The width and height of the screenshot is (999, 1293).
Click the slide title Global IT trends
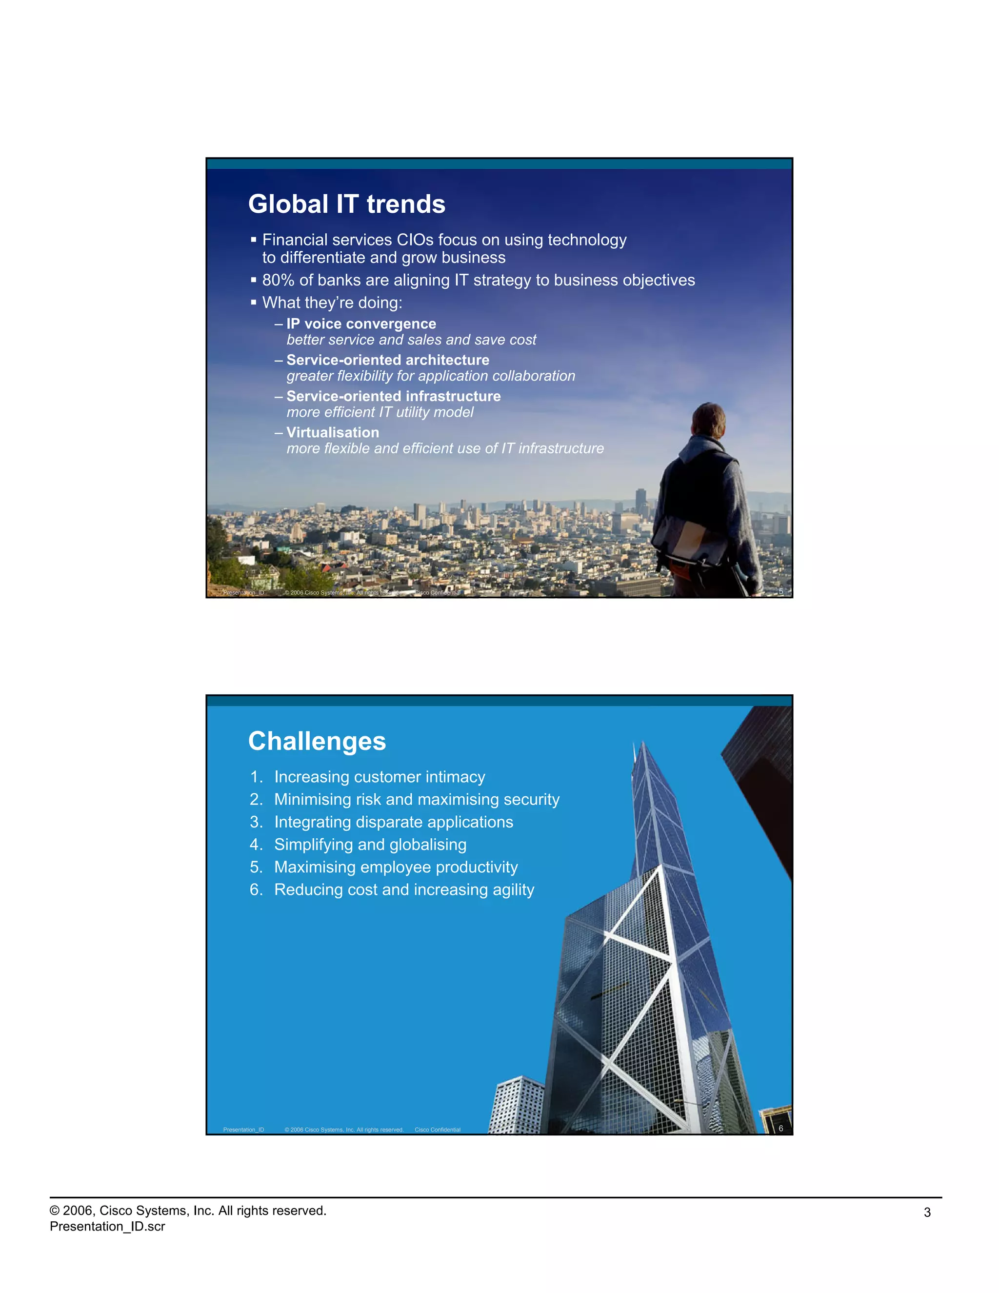coord(346,204)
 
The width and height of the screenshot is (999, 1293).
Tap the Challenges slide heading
coord(317,741)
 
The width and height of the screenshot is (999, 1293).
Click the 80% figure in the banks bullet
coord(278,280)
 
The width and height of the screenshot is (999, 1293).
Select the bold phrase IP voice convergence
coord(361,324)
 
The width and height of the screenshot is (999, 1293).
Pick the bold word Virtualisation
coord(333,432)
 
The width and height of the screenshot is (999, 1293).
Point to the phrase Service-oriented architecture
coord(388,360)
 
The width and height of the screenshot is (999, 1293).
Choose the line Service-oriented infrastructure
coord(394,396)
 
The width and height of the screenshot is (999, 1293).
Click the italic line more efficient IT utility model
coord(380,412)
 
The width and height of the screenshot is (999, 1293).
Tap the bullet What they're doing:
coord(332,303)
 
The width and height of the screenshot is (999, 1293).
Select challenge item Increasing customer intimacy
coord(380,777)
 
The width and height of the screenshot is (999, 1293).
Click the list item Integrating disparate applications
coord(394,822)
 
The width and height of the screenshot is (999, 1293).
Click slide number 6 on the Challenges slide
coord(780,1129)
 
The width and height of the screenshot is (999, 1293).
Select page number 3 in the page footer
coord(927,1212)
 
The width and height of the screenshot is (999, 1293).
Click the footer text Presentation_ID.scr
coord(107,1226)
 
